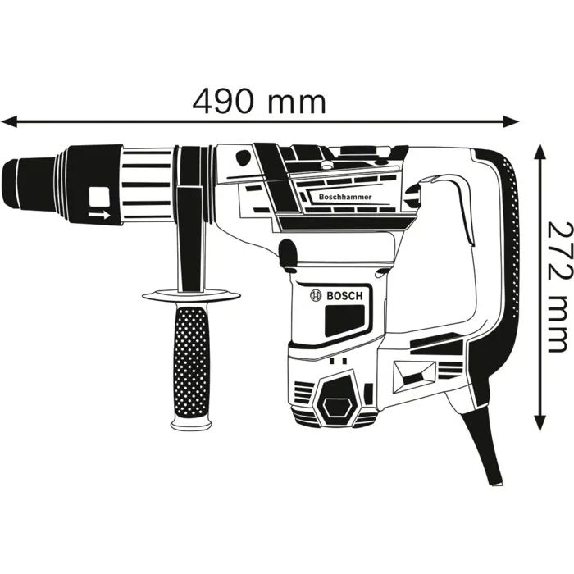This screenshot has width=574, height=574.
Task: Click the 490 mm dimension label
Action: point(259,102)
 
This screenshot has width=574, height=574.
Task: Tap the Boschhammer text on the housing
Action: point(339,196)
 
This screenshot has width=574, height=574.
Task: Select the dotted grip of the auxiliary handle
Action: point(190,358)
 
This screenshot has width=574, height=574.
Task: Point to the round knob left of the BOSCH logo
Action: point(287,256)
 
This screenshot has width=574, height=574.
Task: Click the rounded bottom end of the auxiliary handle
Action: point(189,421)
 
